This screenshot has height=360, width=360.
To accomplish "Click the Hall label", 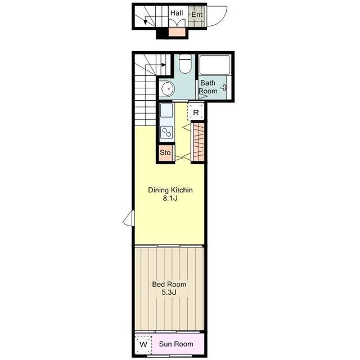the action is pyautogui.click(x=177, y=13).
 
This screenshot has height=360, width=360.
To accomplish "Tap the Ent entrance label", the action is pyautogui.click(x=197, y=15).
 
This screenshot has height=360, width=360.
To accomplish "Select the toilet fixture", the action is pyautogui.click(x=185, y=64).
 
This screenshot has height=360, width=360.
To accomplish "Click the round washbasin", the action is pyautogui.click(x=168, y=88).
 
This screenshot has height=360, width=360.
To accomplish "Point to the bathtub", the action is pyautogui.click(x=215, y=65).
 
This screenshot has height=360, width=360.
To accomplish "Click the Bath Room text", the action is pyautogui.click(x=208, y=87).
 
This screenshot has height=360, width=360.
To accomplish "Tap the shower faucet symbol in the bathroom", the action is pyautogui.click(x=224, y=88).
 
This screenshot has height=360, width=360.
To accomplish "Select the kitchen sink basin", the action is pyautogui.click(x=166, y=110).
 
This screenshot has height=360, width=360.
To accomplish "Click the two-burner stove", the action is pyautogui.click(x=166, y=132).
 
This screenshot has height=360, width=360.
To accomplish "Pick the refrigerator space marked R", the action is pyautogui.click(x=196, y=112).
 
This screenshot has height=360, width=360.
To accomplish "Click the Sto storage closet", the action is pyautogui.click(x=165, y=152).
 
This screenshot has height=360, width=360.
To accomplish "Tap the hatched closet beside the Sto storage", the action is pyautogui.click(x=199, y=142).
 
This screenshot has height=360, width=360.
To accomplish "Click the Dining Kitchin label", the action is pyautogui.click(x=170, y=190).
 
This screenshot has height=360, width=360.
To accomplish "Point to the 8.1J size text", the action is pyautogui.click(x=170, y=198).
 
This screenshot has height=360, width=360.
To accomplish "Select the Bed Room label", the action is pyautogui.click(x=169, y=284).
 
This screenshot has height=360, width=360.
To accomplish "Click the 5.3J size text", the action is pyautogui.click(x=169, y=292).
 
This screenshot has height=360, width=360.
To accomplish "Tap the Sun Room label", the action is pyautogui.click(x=176, y=344).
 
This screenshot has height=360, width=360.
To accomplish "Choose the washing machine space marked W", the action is pyautogui.click(x=143, y=345).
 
